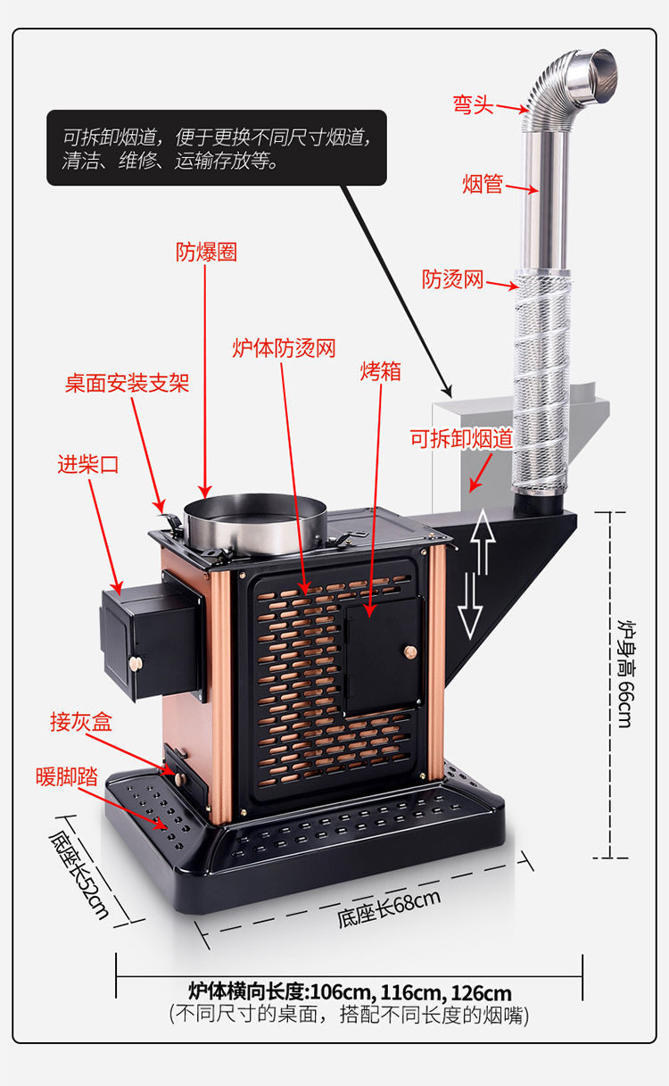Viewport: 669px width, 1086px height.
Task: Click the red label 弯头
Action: pos(473,105)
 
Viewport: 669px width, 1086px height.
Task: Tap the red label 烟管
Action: pos(483,185)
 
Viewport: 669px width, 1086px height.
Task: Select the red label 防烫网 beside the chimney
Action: pos(452,279)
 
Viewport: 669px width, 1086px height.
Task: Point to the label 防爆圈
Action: pos(206,252)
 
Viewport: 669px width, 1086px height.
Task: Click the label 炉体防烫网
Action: pos(284,348)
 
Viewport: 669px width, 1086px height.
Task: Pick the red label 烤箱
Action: pos(381,371)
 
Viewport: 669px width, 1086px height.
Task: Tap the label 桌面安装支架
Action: pos(127,384)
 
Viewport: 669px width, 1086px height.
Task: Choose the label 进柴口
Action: pos(87,464)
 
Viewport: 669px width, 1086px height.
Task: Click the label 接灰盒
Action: pos(81,722)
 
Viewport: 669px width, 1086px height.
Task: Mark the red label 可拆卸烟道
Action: pos(461,438)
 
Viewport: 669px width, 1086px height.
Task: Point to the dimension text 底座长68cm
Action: pos(389,909)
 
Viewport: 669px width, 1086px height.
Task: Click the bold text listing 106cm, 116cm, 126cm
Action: pos(350,992)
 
